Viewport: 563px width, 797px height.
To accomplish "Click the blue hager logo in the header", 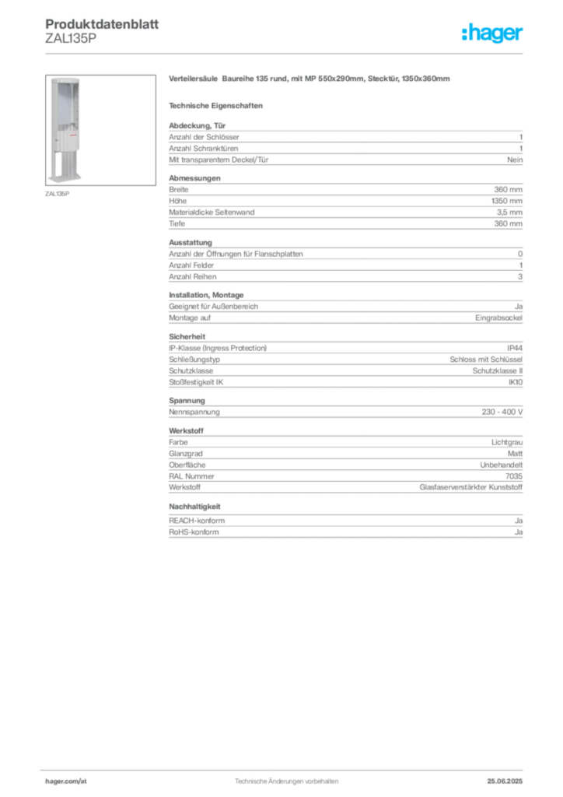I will (493, 34).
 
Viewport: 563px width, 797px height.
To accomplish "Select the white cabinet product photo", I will (65, 128).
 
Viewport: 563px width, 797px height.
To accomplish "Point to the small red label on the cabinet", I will (75, 135).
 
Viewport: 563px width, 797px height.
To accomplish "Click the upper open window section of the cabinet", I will (65, 105).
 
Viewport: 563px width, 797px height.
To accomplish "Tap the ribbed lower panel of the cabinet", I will (65, 162).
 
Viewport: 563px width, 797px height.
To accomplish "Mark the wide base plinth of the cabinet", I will (65, 177).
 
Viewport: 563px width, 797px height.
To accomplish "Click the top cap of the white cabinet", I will (65, 78).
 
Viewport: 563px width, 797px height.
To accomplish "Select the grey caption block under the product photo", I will (59, 193).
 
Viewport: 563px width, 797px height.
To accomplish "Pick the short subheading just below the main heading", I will (219, 105).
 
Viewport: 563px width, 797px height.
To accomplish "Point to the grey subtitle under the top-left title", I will (70, 41).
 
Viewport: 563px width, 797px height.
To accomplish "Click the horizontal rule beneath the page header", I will (285, 53).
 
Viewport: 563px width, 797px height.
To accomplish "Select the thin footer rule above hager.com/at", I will (285, 768).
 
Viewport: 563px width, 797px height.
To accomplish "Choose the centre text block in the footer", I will (285, 779).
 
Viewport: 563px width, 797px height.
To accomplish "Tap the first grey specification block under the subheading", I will (344, 143).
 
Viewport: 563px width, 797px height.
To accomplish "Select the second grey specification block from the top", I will (344, 203).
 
